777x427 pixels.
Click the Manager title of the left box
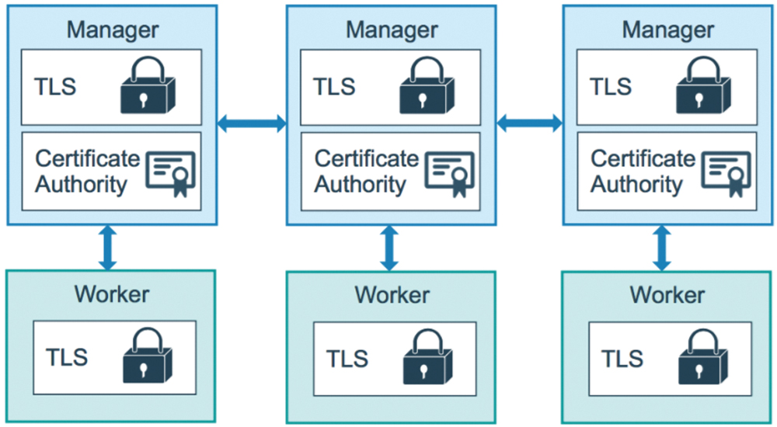click(113, 30)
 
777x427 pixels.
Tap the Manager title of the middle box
click(392, 30)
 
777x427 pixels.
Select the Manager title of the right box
click(668, 30)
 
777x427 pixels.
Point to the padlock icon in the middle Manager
click(427, 85)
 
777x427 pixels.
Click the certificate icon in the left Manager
click(170, 173)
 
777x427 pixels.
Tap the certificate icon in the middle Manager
click(450, 173)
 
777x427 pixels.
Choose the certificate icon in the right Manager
click(726, 173)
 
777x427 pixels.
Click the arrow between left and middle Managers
click(252, 123)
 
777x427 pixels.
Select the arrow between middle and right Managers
click(529, 123)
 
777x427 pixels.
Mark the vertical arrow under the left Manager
click(107, 248)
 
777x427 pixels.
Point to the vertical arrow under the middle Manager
click(389, 248)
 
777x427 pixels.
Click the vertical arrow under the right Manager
click(661, 248)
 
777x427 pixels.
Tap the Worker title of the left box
click(111, 294)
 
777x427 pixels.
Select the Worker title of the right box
click(667, 295)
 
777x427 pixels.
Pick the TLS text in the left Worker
click(67, 356)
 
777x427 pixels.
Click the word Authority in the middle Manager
click(361, 185)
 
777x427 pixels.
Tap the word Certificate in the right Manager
click(643, 159)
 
